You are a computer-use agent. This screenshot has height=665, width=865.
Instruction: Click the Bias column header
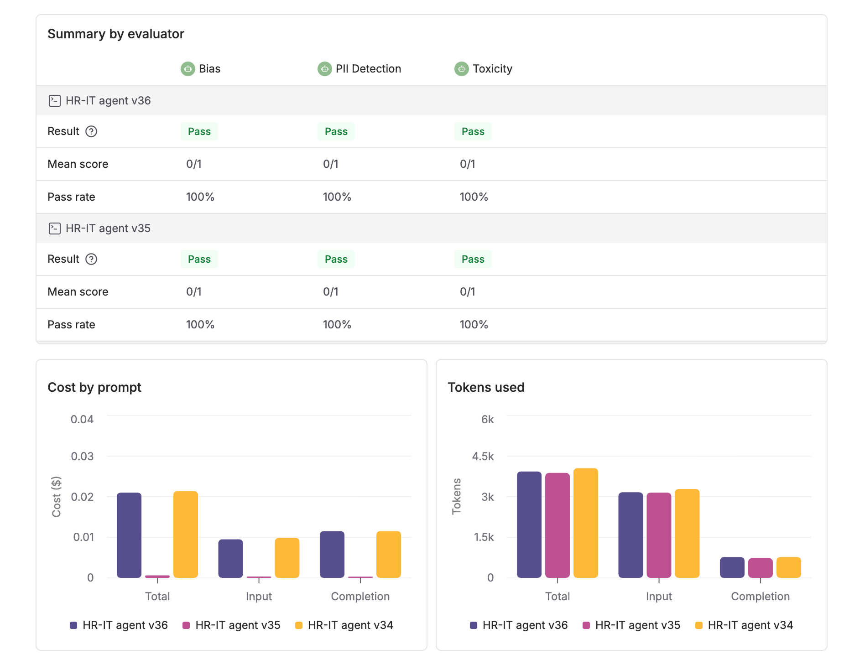tap(209, 69)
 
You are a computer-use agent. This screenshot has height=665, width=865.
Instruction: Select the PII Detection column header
tap(368, 69)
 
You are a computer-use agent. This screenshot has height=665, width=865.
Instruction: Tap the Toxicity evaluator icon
tap(461, 69)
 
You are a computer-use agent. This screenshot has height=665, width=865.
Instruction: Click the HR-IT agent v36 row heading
tap(108, 101)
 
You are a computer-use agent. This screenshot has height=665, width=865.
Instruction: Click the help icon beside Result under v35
tap(92, 259)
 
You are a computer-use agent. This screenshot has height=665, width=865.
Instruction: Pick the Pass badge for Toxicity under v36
tap(473, 131)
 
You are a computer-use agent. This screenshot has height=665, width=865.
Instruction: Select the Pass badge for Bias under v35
tap(199, 259)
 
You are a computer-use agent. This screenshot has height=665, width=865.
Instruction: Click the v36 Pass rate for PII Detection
tap(337, 197)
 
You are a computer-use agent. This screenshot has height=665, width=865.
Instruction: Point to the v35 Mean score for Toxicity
tap(467, 292)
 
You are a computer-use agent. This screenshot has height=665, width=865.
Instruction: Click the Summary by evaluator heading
tap(116, 34)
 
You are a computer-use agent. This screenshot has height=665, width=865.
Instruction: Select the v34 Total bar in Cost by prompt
tap(186, 535)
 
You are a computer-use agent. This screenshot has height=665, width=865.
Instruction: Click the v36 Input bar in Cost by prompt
tap(230, 558)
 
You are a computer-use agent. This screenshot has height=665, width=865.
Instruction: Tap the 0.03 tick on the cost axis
tap(82, 456)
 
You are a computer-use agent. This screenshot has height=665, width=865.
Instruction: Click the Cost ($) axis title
tap(56, 496)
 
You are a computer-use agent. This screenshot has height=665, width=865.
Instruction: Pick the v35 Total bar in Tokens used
tap(557, 525)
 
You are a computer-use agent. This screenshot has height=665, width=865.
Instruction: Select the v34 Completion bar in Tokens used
tap(788, 567)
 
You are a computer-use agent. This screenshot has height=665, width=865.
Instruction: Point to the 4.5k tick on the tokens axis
tap(483, 456)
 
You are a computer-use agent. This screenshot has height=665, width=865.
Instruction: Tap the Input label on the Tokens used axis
tap(659, 597)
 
